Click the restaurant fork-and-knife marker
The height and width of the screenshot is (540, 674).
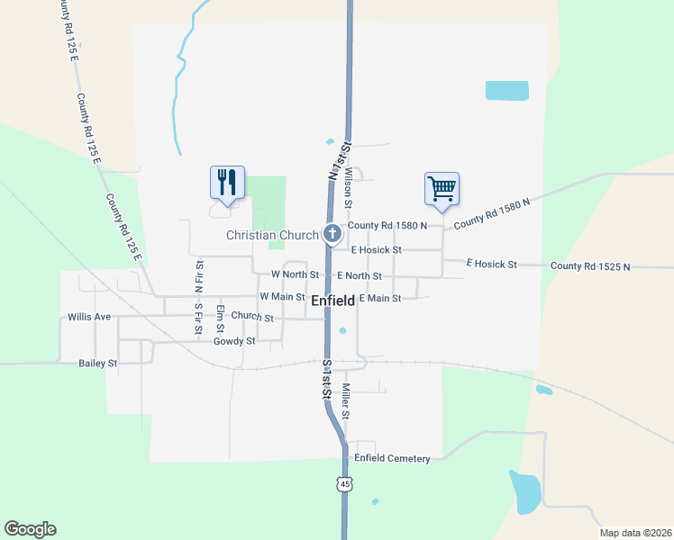pos(227,183)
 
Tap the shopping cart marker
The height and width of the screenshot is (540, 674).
pos(442,189)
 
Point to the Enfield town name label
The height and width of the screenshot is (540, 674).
pos(332,301)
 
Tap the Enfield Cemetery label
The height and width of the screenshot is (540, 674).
pos(392,458)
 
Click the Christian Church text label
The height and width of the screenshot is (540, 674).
pos(272,236)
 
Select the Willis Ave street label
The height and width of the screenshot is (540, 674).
pos(89,317)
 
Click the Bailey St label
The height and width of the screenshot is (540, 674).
pos(98,364)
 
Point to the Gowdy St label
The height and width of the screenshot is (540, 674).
pos(234,341)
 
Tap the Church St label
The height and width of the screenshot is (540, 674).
pos(251,317)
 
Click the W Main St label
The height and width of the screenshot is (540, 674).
pos(282,296)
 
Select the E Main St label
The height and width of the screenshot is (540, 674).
pos(379,298)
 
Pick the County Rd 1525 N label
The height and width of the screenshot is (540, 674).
pos(590,266)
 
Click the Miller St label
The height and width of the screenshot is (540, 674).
pos(344,402)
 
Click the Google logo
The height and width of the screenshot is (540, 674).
pos(30,529)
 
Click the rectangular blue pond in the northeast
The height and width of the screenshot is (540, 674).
pos(507,90)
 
